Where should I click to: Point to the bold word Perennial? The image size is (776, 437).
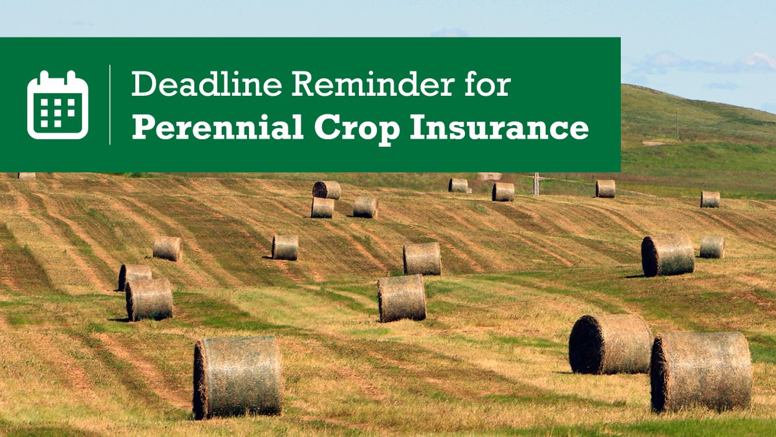pyautogui.click(x=218, y=128)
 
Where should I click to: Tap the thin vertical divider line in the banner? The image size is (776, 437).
pyautogui.click(x=110, y=104)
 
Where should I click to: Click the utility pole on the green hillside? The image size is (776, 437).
pyautogui.click(x=677, y=123)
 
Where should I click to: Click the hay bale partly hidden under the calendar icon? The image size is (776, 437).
pyautogui.click(x=27, y=175)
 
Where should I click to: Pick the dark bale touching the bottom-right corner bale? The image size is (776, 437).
pyautogui.click(x=609, y=344)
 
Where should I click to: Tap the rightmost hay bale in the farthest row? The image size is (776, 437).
pyautogui.click(x=710, y=199)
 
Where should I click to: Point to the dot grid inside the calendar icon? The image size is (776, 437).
pyautogui.click(x=58, y=111)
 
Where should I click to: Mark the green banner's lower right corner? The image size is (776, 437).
pyautogui.click(x=620, y=171)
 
